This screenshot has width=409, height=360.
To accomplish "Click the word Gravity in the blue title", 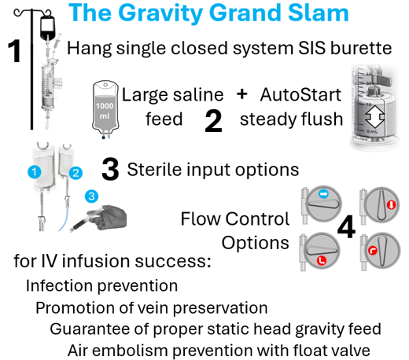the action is point(162,13).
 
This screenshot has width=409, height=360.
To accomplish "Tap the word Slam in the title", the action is point(318,13).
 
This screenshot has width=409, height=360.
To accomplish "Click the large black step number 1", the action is point(14,51).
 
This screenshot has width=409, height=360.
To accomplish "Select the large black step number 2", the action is point(213,121).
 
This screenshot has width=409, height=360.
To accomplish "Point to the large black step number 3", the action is point(110,169).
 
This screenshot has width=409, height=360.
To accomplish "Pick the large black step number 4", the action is point(347,226).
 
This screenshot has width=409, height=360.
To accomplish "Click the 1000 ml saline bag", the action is point(105,108).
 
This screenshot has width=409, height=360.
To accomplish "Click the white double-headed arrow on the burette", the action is point(375,116).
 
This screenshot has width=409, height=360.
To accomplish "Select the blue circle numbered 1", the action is point(35,172).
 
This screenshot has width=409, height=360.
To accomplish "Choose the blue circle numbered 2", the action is point(76,173).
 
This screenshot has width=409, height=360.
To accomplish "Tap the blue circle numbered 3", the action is point(91,197).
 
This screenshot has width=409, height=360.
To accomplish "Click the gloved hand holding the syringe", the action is point(112,217).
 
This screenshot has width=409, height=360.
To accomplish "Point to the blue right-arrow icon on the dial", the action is point(323,194).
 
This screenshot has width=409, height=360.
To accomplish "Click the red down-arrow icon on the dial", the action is point(392,204).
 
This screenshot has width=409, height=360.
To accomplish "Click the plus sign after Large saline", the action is point(241,94).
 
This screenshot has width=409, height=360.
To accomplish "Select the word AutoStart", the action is point(300,94).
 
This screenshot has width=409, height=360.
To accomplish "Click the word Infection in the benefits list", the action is point(59,285).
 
